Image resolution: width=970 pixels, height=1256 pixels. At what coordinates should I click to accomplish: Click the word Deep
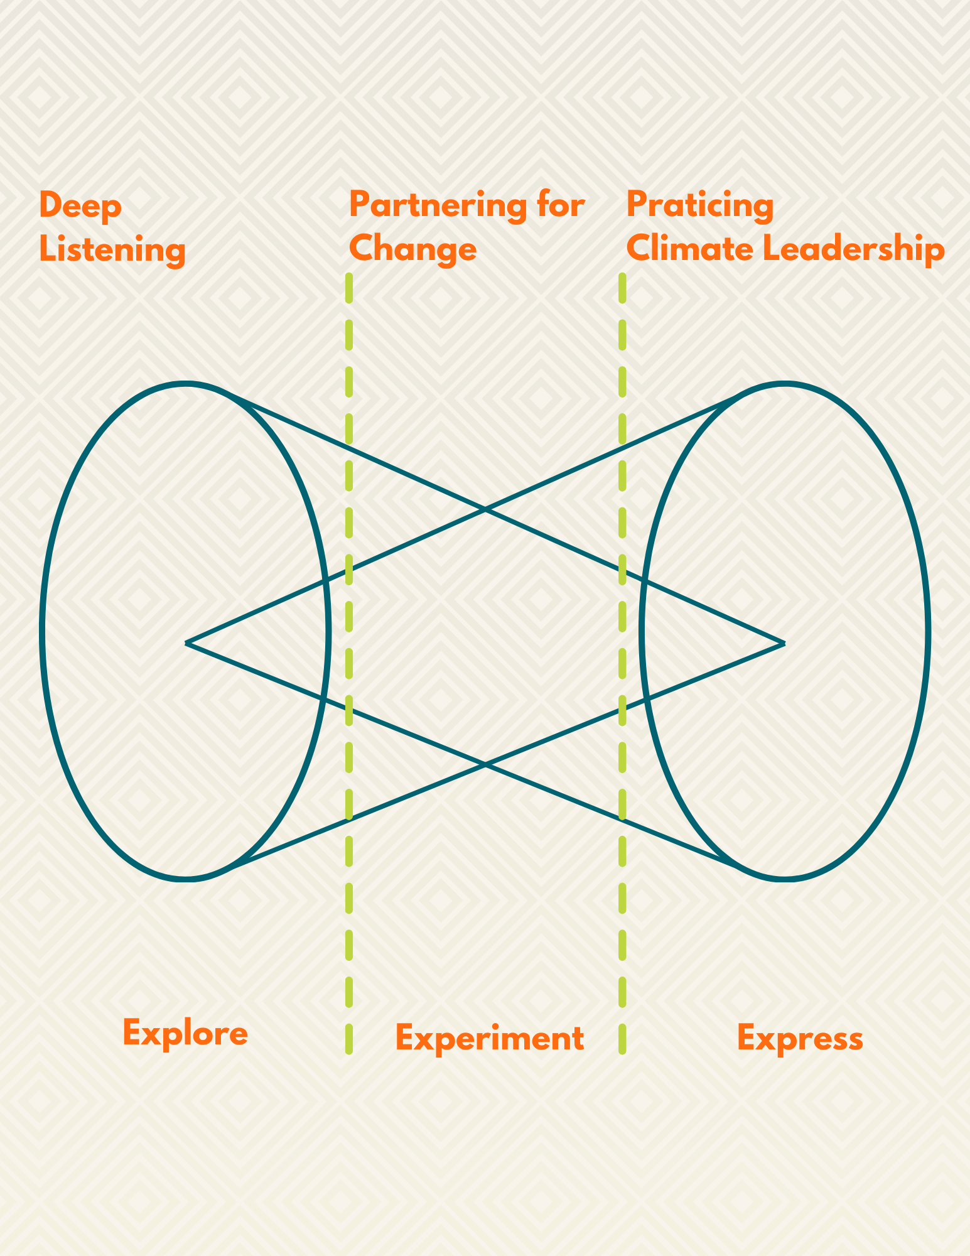[x=80, y=207]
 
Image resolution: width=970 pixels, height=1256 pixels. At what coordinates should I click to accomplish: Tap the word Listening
[x=112, y=250]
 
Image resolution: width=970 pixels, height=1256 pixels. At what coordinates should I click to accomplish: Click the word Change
[x=413, y=249]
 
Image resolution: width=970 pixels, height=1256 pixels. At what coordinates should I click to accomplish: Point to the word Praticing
[x=700, y=207]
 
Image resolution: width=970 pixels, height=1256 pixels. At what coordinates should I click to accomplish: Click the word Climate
[x=690, y=249]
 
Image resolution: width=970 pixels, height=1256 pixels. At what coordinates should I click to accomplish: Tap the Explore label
[x=185, y=1033]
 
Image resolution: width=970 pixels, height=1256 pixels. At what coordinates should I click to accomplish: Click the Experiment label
[x=490, y=1038]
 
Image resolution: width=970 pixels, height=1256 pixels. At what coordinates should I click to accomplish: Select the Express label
[x=800, y=1038]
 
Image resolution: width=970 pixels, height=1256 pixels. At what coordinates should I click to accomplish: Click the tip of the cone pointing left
[x=186, y=643]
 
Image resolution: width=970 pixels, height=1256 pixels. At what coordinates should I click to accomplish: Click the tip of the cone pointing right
[x=784, y=643]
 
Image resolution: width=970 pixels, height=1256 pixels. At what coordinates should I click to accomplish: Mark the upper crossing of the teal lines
[x=485, y=510]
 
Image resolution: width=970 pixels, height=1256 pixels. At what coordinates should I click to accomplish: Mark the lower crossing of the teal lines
[x=485, y=765]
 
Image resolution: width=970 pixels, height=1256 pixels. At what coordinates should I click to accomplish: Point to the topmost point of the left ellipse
[x=185, y=383]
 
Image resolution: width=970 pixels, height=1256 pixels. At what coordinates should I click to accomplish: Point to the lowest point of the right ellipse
[x=784, y=878]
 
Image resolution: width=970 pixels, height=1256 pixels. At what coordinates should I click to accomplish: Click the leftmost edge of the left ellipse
[x=43, y=631]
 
